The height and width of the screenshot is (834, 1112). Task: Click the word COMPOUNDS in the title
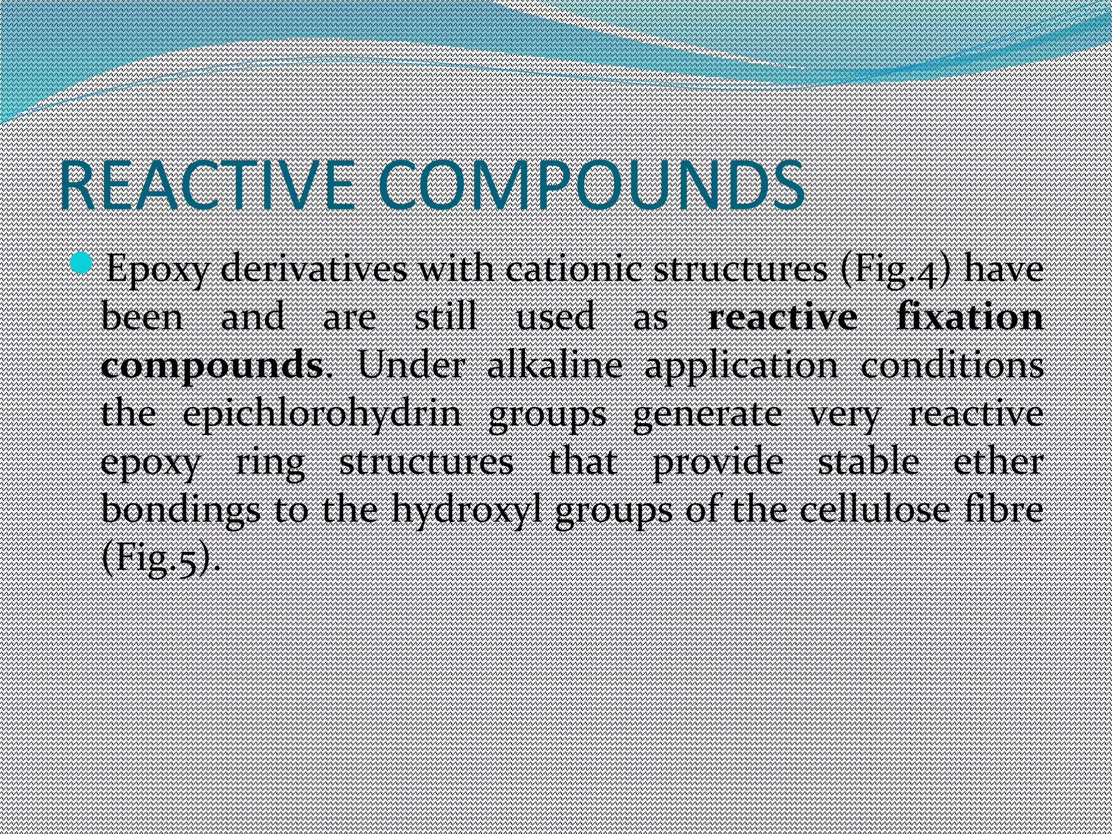click(591, 186)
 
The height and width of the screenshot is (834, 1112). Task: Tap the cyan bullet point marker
click(82, 264)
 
